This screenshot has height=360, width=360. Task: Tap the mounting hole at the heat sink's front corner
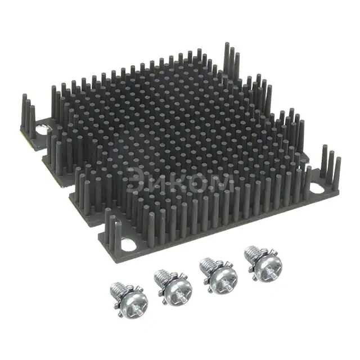[129, 245]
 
